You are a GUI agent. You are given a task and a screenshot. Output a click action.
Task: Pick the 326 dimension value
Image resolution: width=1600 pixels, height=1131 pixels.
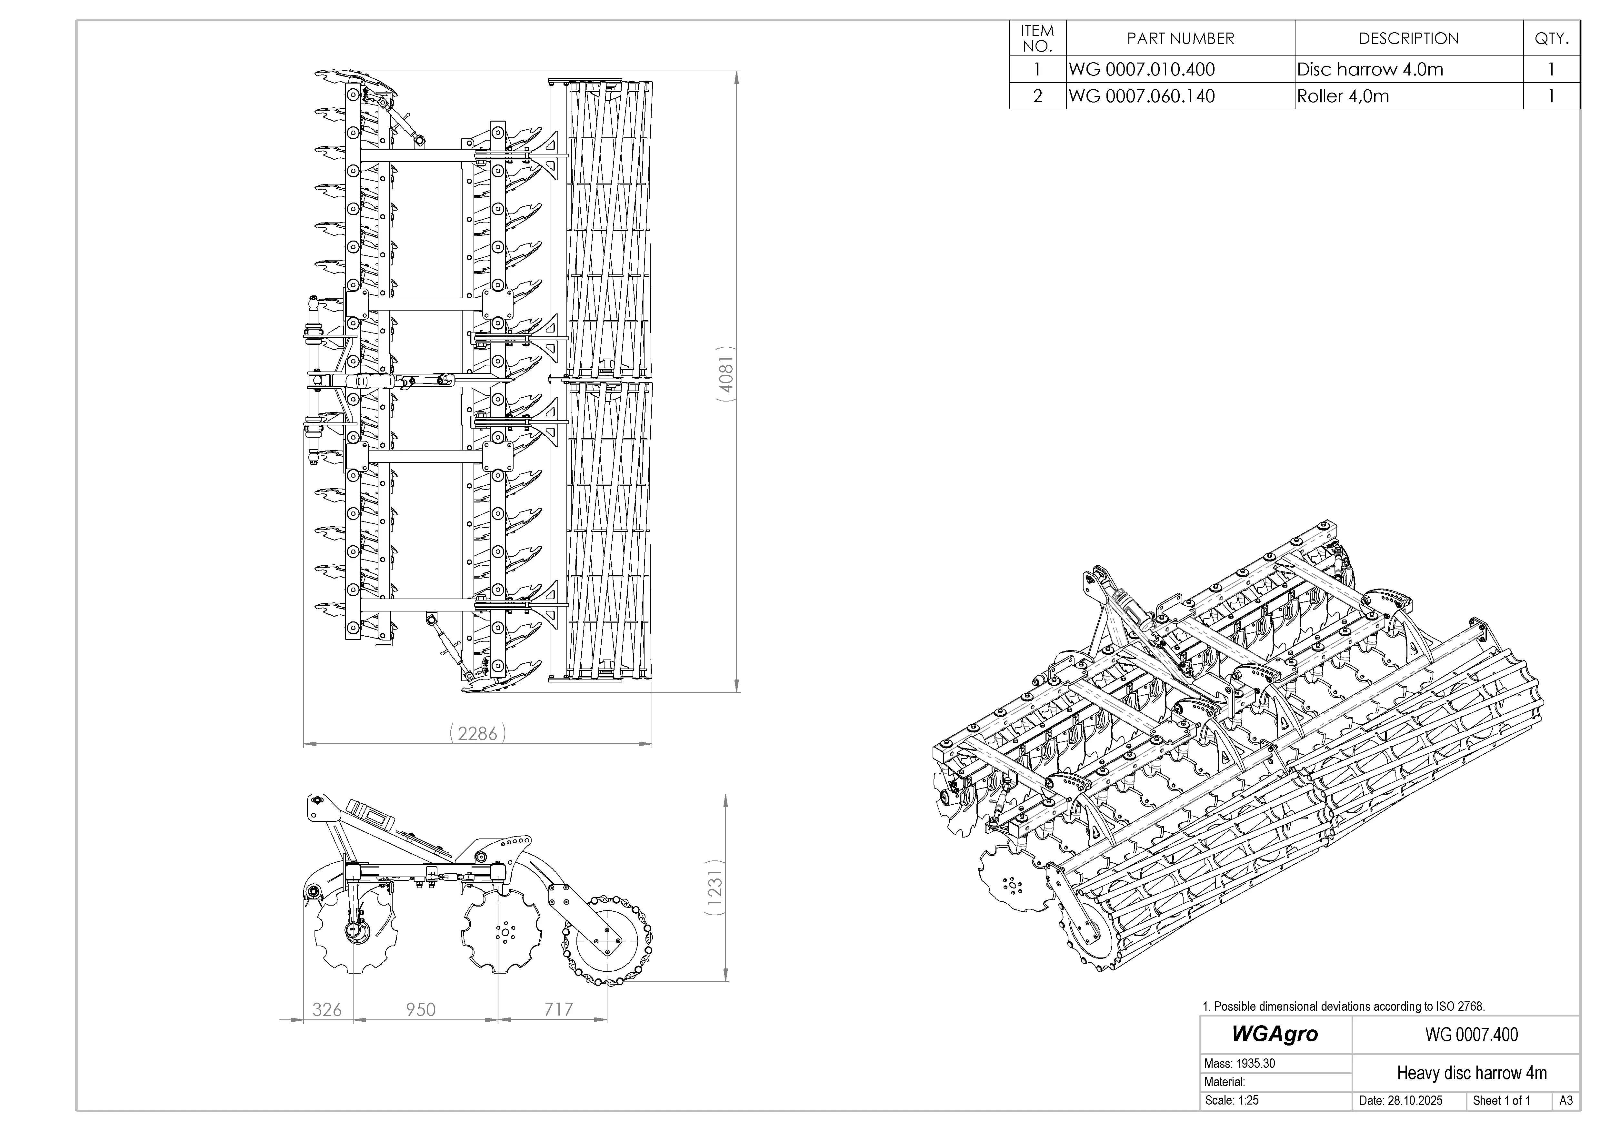[327, 1010]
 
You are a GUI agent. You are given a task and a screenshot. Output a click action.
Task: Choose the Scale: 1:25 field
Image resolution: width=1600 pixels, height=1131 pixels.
[1232, 1101]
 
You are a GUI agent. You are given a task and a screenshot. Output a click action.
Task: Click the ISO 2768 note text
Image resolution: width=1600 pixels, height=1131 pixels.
[1344, 1006]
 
